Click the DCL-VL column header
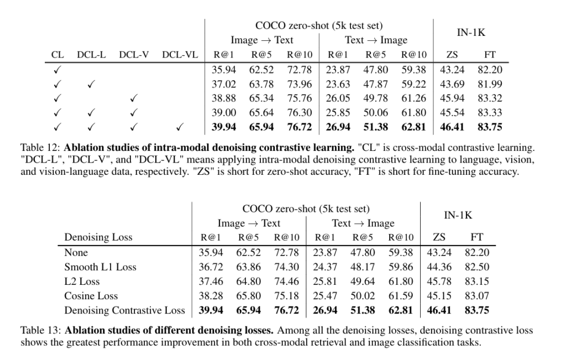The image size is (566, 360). click(180, 55)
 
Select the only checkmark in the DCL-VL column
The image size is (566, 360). click(180, 127)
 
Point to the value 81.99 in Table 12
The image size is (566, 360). click(490, 84)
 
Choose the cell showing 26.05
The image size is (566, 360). click(338, 98)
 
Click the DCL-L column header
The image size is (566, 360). click(91, 55)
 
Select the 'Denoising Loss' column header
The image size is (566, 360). click(98, 238)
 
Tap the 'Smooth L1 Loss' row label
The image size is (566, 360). click(100, 267)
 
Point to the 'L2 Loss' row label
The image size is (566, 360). click(82, 281)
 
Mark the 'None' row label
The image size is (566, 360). click(76, 253)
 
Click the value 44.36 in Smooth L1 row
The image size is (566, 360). click(439, 267)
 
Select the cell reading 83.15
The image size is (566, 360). click(477, 281)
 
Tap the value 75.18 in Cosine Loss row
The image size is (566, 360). click(286, 296)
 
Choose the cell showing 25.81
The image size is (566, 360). click(324, 281)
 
